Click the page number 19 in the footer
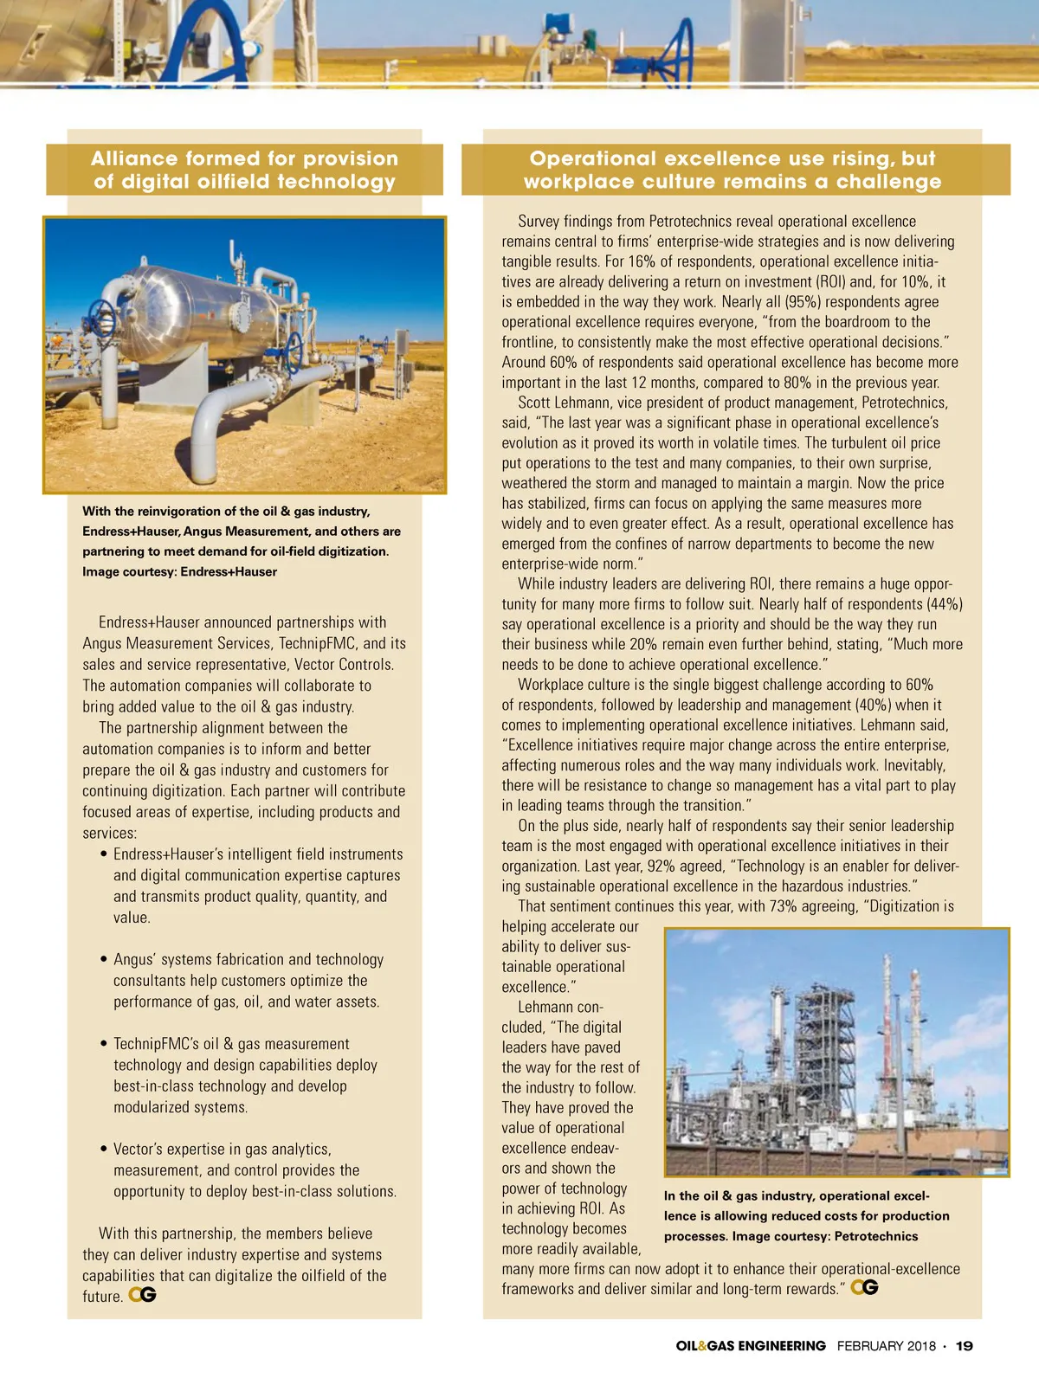point(964,1346)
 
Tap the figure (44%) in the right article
point(945,604)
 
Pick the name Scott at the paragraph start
point(536,403)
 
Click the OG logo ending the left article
point(142,1295)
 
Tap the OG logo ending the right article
point(864,1287)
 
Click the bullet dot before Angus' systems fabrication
point(105,960)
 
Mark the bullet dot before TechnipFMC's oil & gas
point(105,1045)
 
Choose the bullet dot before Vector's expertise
point(105,1150)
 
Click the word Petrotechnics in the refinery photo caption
point(875,1236)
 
